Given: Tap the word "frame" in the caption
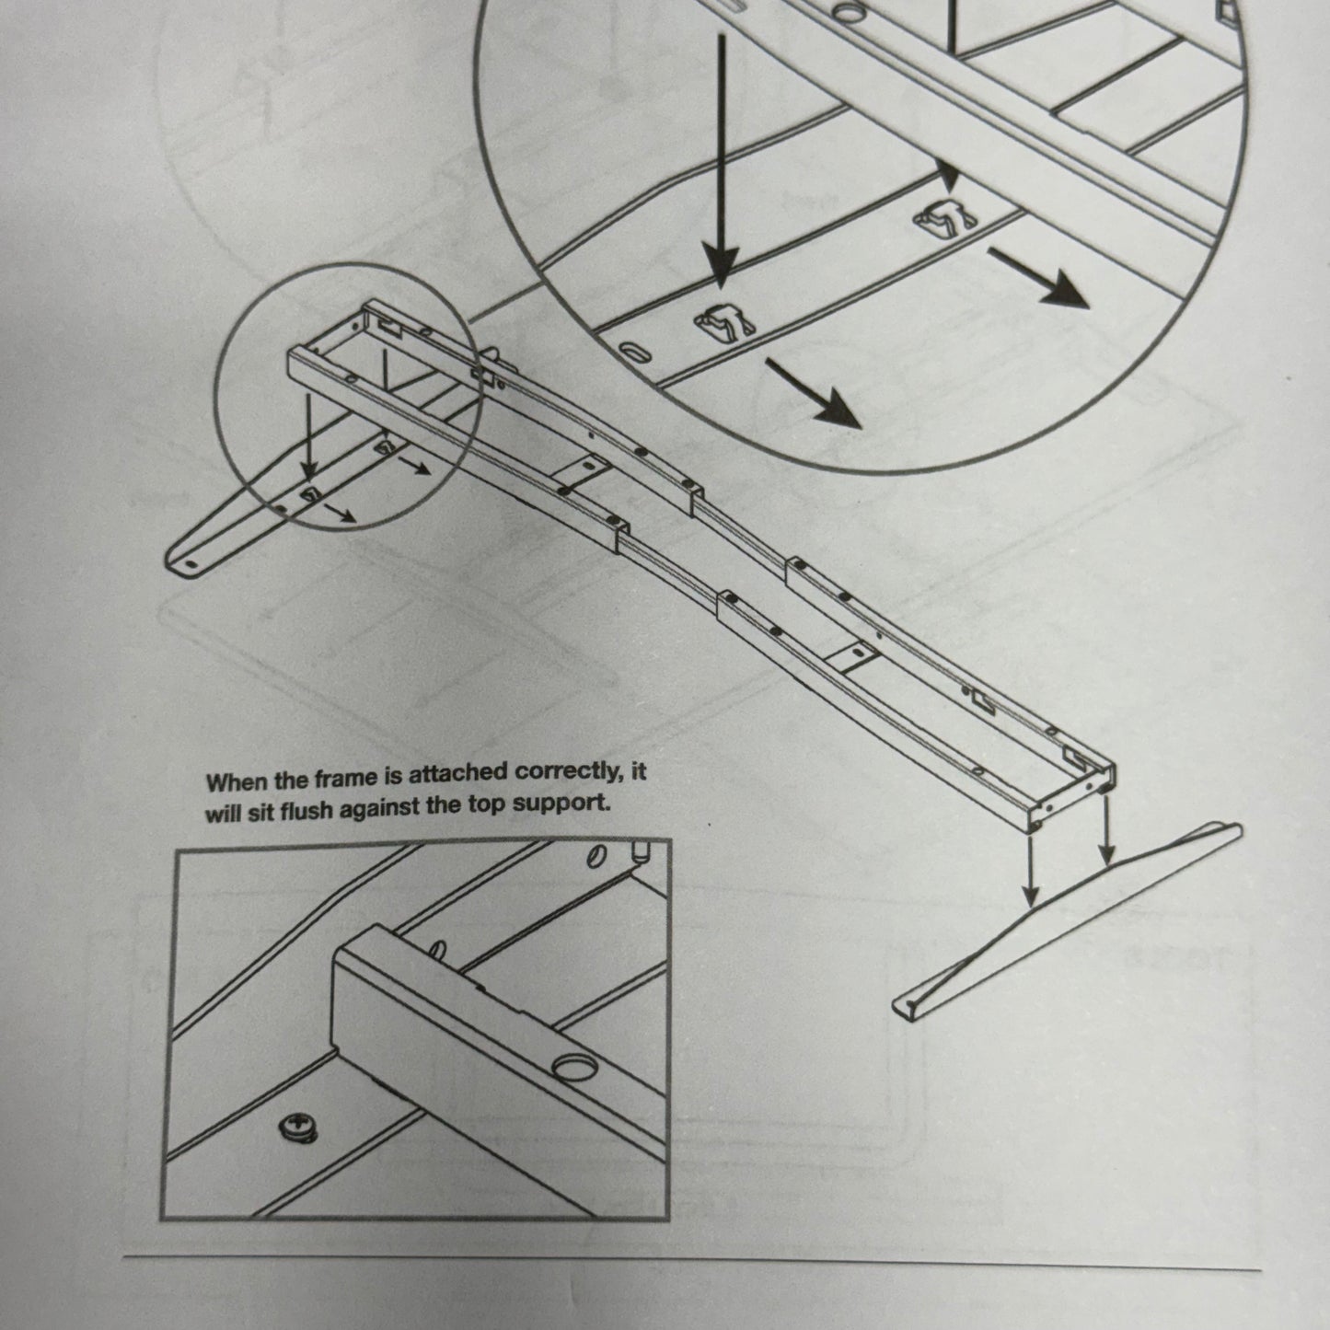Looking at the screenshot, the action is point(346,779).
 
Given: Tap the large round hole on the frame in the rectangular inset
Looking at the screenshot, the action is point(574,1068).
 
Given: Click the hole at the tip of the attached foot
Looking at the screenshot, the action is point(191,563).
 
